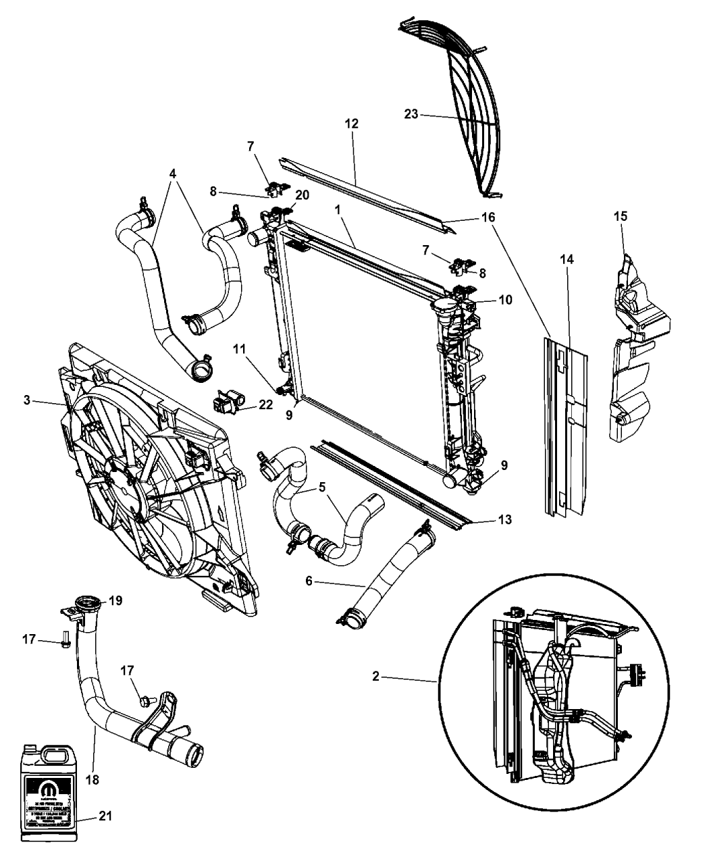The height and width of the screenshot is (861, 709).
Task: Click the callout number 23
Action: (x=411, y=115)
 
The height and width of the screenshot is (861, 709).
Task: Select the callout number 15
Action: (x=621, y=217)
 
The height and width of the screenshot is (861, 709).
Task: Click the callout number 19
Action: (x=115, y=600)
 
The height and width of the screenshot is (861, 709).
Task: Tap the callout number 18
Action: (x=93, y=779)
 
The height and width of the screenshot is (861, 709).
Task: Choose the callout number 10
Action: (x=505, y=299)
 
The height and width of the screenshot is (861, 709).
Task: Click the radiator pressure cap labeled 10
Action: (x=446, y=311)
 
